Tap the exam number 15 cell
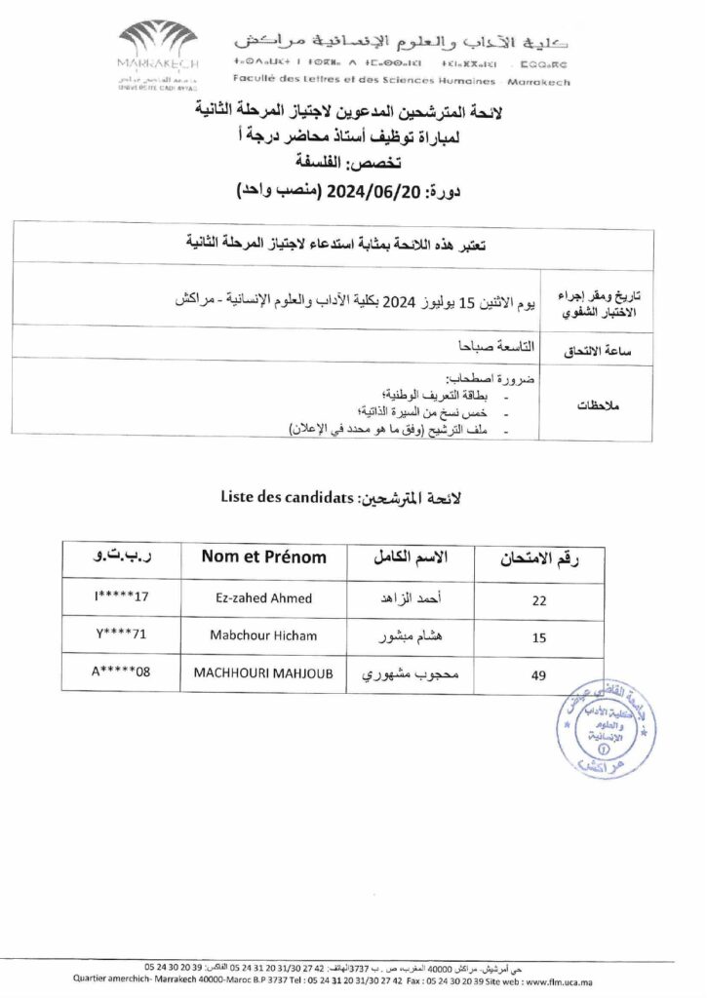coord(538,636)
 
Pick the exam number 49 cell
coord(538,672)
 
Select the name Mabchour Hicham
coord(263,635)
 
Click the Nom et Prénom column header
coord(263,557)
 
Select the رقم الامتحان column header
coord(539,558)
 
